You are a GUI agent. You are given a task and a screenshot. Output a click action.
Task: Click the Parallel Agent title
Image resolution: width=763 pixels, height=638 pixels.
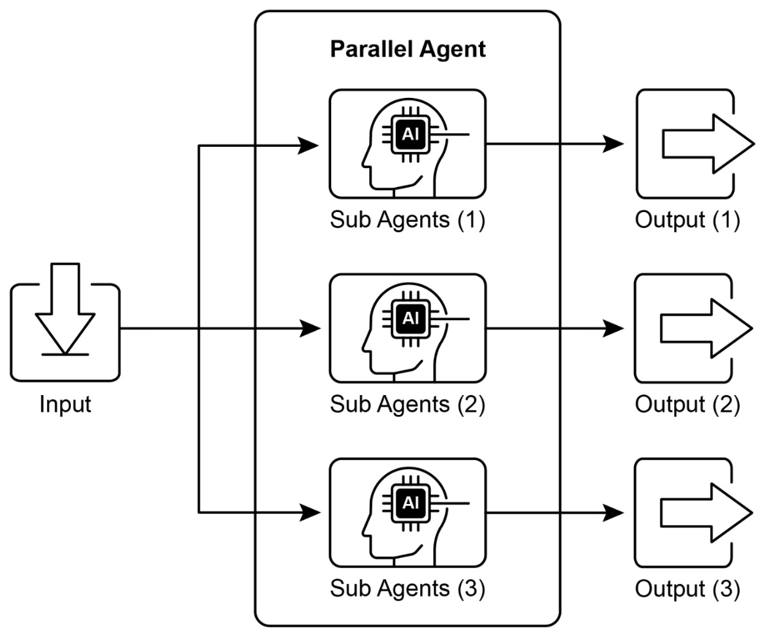coord(407,49)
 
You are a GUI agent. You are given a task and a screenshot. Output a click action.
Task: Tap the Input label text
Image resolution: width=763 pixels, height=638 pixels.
coord(65,405)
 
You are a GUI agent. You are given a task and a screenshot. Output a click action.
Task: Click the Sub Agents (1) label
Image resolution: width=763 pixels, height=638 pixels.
coord(407,220)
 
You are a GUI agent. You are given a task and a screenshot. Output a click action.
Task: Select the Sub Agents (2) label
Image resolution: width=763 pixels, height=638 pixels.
coord(407,405)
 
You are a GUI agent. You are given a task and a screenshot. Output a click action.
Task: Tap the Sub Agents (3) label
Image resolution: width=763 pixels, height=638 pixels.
coord(407,589)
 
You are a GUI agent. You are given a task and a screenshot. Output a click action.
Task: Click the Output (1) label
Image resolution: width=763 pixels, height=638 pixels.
coord(687,220)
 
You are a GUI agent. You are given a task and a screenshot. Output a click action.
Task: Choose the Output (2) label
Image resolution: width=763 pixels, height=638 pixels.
coord(687,405)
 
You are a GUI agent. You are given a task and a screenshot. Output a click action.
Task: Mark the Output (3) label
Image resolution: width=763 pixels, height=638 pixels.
coord(687,589)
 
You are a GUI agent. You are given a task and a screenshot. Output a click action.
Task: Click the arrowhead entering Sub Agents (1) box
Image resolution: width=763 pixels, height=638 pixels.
coord(310,146)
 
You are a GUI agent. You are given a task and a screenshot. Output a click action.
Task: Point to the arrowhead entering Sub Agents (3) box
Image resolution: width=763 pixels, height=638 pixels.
coord(310,513)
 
